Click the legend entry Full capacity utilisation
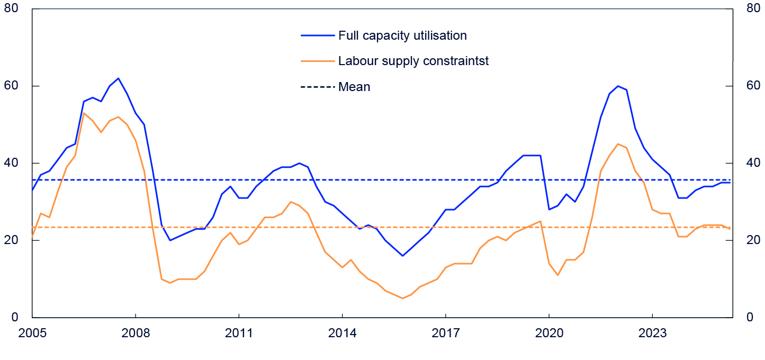[x=402, y=35]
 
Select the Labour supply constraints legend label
[x=413, y=61]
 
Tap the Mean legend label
[x=354, y=87]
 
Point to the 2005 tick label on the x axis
[x=32, y=334]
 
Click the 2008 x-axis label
[x=136, y=334]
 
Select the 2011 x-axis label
[x=239, y=334]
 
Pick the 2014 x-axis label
[x=343, y=334]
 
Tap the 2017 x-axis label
[x=446, y=334]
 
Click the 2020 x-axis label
[x=549, y=334]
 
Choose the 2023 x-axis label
[x=652, y=334]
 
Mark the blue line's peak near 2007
[x=118, y=78]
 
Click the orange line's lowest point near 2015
[x=402, y=298]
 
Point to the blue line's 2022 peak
[x=618, y=86]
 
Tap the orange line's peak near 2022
[x=618, y=143]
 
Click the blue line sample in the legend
[x=318, y=35]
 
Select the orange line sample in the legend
[x=318, y=61]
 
